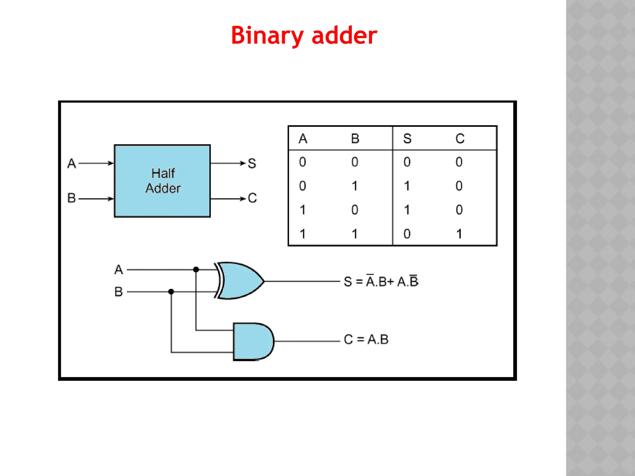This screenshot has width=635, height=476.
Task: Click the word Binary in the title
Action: coord(267,36)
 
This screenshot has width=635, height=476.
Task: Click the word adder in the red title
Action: coord(344,36)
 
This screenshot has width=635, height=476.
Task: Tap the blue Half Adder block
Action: coord(162,181)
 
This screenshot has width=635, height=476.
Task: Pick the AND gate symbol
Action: coord(253,342)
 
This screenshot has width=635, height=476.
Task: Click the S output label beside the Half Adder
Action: coord(252,163)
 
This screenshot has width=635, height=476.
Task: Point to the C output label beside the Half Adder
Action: coord(252,198)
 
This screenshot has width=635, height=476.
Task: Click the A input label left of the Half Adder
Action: coord(72,163)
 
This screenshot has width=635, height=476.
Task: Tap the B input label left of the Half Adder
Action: coord(72,198)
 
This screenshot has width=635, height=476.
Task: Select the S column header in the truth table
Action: coord(407,139)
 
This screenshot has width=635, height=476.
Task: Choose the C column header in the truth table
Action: coord(460,139)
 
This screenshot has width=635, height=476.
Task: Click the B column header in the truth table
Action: coord(355,139)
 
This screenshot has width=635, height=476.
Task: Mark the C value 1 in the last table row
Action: coord(459,234)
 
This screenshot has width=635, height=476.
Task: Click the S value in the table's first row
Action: coord(407,162)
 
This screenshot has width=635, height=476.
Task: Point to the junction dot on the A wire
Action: coord(196,270)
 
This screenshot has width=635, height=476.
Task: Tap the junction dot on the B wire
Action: coord(171,292)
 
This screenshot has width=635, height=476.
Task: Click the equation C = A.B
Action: coord(366,339)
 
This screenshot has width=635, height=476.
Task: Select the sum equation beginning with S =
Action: coord(381,281)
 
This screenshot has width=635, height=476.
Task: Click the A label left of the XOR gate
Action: coord(118,270)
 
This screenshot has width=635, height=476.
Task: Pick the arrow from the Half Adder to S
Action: coord(228,163)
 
